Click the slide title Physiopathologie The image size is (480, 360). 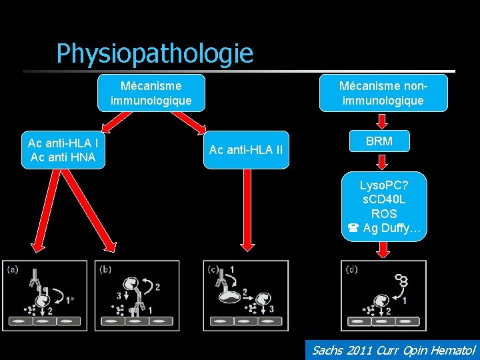155,53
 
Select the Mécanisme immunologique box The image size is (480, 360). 151,93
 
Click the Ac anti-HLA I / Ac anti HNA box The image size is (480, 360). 63,150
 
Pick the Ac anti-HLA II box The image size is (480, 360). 246,150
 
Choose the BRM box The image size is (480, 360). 379,141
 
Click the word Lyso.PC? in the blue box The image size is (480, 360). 383,185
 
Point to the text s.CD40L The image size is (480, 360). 383,199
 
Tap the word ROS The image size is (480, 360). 383,214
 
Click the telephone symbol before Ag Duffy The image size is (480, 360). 353,229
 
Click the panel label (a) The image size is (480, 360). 13,269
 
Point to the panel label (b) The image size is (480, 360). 105,269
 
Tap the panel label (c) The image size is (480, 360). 213,269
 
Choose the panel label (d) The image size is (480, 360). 352,269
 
